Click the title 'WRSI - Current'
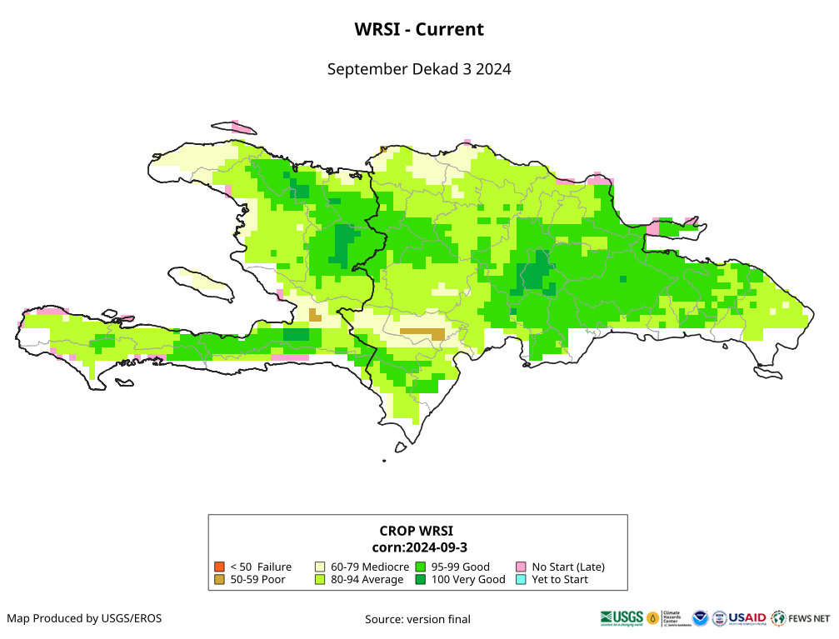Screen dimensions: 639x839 [x=419, y=29]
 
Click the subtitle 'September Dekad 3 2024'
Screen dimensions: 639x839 [x=419, y=69]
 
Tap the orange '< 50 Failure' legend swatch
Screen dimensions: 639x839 [x=220, y=567]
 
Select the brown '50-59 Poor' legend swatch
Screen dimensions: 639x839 [x=220, y=579]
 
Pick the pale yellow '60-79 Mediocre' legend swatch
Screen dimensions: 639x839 [x=320, y=567]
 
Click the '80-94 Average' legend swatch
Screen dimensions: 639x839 [x=320, y=579]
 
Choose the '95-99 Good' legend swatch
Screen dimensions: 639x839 [x=421, y=567]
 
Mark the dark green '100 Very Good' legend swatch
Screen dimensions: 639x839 [x=421, y=579]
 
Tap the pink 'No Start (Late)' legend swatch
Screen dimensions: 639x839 [x=521, y=567]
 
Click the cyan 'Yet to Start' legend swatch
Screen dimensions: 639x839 [x=521, y=579]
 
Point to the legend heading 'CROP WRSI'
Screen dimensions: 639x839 [x=417, y=531]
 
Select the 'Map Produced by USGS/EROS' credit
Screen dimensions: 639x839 [x=84, y=618]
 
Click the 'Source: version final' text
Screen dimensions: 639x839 [x=417, y=619]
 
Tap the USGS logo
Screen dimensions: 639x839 [x=622, y=618]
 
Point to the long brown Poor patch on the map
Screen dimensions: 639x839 [x=422, y=332]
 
